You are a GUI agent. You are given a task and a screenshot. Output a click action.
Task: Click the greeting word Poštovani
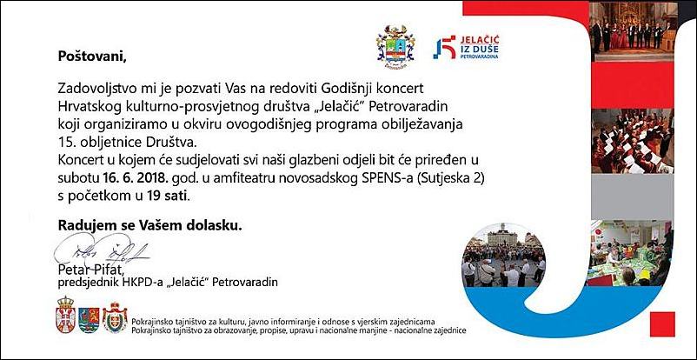92,57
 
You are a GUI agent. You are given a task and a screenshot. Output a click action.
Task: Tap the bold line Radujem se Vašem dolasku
151,224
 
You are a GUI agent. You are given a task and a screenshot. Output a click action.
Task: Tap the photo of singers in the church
642,31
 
